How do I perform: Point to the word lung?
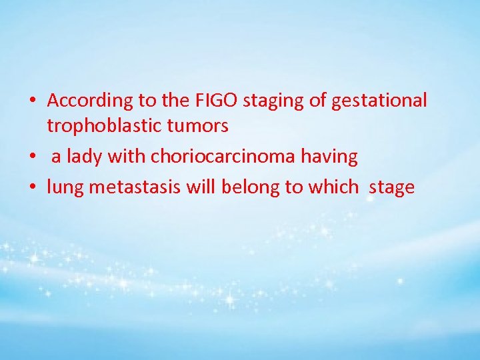(x=65, y=187)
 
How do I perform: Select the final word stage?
(x=391, y=187)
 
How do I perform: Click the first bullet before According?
(x=32, y=101)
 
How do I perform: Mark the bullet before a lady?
(x=32, y=157)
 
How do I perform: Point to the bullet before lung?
(x=32, y=188)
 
